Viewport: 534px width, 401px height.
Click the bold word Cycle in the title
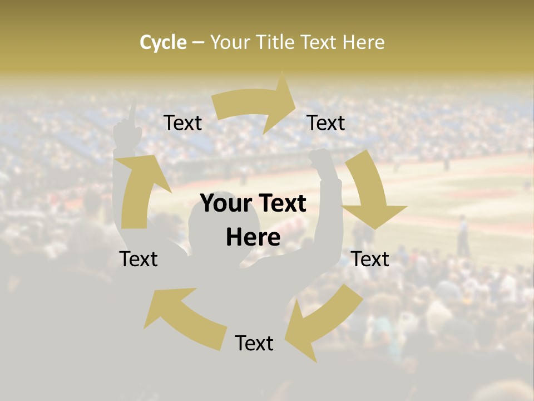pos(163,42)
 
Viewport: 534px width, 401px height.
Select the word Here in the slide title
pos(364,42)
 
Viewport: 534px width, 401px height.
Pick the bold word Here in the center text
pos(253,238)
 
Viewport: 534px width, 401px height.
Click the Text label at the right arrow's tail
pos(182,123)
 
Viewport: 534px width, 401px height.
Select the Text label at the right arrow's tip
pos(326,123)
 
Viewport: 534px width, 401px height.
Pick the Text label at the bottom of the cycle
pos(254,343)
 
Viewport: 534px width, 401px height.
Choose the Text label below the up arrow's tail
pos(139,259)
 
